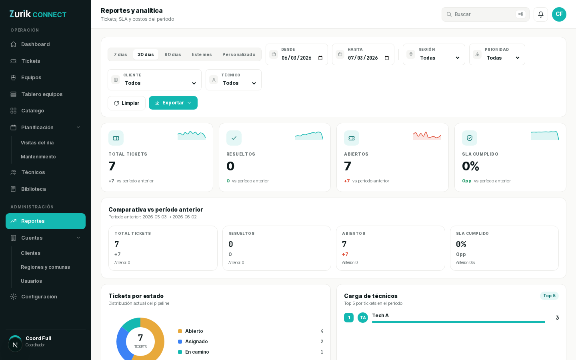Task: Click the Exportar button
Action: coord(173,103)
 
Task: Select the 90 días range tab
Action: coord(172,54)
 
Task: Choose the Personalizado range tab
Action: coord(239,54)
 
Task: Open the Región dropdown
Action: coord(434,54)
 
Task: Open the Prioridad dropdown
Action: coord(497,54)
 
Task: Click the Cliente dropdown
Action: coord(154,80)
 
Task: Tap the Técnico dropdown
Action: coord(234,80)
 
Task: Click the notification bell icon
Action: coord(541,14)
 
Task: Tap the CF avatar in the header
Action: coord(559,14)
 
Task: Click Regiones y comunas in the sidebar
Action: coord(45,267)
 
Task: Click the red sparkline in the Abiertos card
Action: coord(427,136)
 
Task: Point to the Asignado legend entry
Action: coord(193,342)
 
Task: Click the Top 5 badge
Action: coord(549,296)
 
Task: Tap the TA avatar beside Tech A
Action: coord(363,318)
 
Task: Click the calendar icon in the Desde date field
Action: coord(274,54)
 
